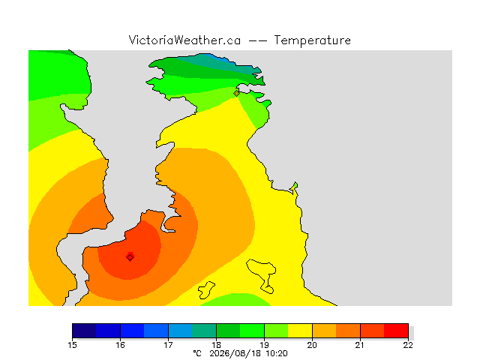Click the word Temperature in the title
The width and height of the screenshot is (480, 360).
(312, 40)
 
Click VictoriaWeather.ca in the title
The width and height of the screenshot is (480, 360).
(184, 40)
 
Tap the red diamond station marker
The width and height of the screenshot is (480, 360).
(130, 257)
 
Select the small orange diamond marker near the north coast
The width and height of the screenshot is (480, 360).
(236, 93)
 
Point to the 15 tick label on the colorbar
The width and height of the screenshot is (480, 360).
(72, 345)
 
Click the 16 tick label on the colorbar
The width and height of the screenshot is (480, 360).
(120, 345)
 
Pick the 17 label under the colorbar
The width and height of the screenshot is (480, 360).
(168, 345)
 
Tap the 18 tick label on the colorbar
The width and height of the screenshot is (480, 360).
(217, 345)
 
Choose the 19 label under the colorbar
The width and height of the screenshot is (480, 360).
(264, 345)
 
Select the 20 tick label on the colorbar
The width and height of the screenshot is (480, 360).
(312, 345)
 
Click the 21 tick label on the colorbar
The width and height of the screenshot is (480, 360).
(360, 345)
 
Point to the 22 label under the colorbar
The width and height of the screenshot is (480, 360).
(408, 345)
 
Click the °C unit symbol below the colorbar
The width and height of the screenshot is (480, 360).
(197, 353)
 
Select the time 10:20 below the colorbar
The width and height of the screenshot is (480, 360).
(277, 353)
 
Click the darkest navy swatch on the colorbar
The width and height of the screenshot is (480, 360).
(84, 331)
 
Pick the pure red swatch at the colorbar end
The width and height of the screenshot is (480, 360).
(396, 331)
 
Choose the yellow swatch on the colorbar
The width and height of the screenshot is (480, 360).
(300, 331)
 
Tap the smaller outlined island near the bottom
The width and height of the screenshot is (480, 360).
(205, 290)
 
